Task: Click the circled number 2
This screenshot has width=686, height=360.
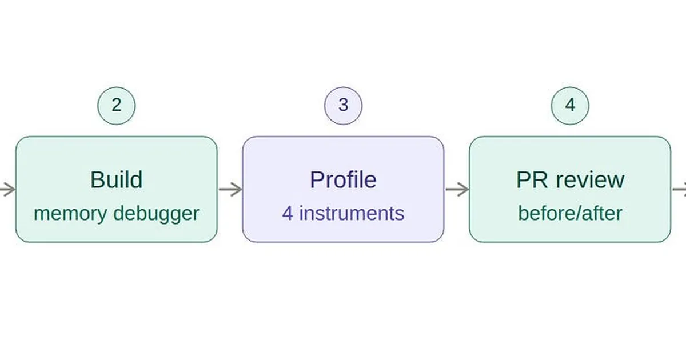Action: (117, 105)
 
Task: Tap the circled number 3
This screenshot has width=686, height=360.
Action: (343, 105)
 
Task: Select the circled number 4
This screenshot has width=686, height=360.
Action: (570, 105)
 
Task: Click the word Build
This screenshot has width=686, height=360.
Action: (117, 180)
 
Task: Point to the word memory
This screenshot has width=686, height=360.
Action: (70, 214)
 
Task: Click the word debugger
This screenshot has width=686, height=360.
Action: (155, 214)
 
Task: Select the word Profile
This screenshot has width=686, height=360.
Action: (343, 180)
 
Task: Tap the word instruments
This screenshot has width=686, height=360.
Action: (352, 214)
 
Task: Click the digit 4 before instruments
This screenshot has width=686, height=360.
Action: (288, 214)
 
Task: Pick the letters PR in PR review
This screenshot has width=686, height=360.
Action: (529, 180)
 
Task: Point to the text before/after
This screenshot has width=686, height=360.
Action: (570, 214)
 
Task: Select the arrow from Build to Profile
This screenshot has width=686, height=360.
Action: (230, 190)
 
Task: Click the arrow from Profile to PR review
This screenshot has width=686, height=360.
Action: (457, 190)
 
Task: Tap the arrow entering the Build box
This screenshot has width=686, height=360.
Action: (7, 190)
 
